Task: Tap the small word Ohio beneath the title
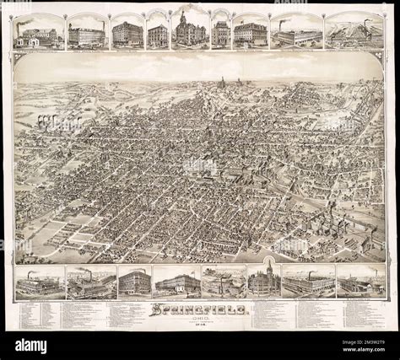tap(200, 318)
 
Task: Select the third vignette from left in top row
tap(127, 32)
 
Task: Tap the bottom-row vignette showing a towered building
tap(264, 281)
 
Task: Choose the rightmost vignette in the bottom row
tap(361, 282)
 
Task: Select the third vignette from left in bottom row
tap(134, 281)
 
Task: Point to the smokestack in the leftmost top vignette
tap(19, 28)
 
